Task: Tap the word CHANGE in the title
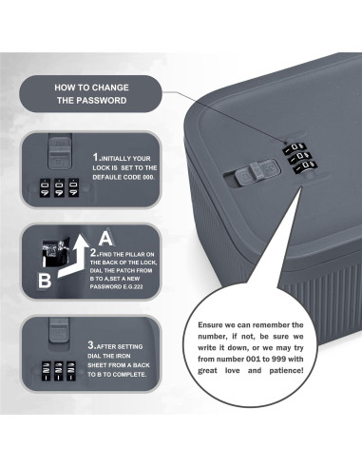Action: [110, 88]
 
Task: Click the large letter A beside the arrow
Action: [105, 239]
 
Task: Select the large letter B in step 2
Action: [45, 281]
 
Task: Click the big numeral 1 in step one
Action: [95, 157]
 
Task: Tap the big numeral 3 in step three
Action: [91, 345]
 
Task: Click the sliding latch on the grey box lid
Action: [257, 172]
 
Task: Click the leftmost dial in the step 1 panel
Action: [45, 188]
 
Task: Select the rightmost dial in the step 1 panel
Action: [73, 188]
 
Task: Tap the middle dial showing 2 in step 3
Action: [59, 371]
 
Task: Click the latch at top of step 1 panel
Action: [59, 153]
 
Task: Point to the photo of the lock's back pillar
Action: [55, 253]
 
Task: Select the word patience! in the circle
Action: [286, 371]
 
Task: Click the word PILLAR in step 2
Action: [136, 254]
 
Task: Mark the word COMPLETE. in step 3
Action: [129, 375]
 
